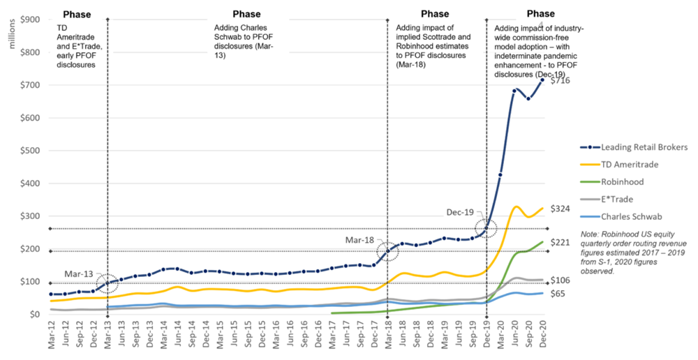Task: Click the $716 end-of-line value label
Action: pos(560,81)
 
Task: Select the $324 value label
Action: pos(560,209)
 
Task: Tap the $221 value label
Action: pos(560,243)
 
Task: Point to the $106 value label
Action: pos(560,280)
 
